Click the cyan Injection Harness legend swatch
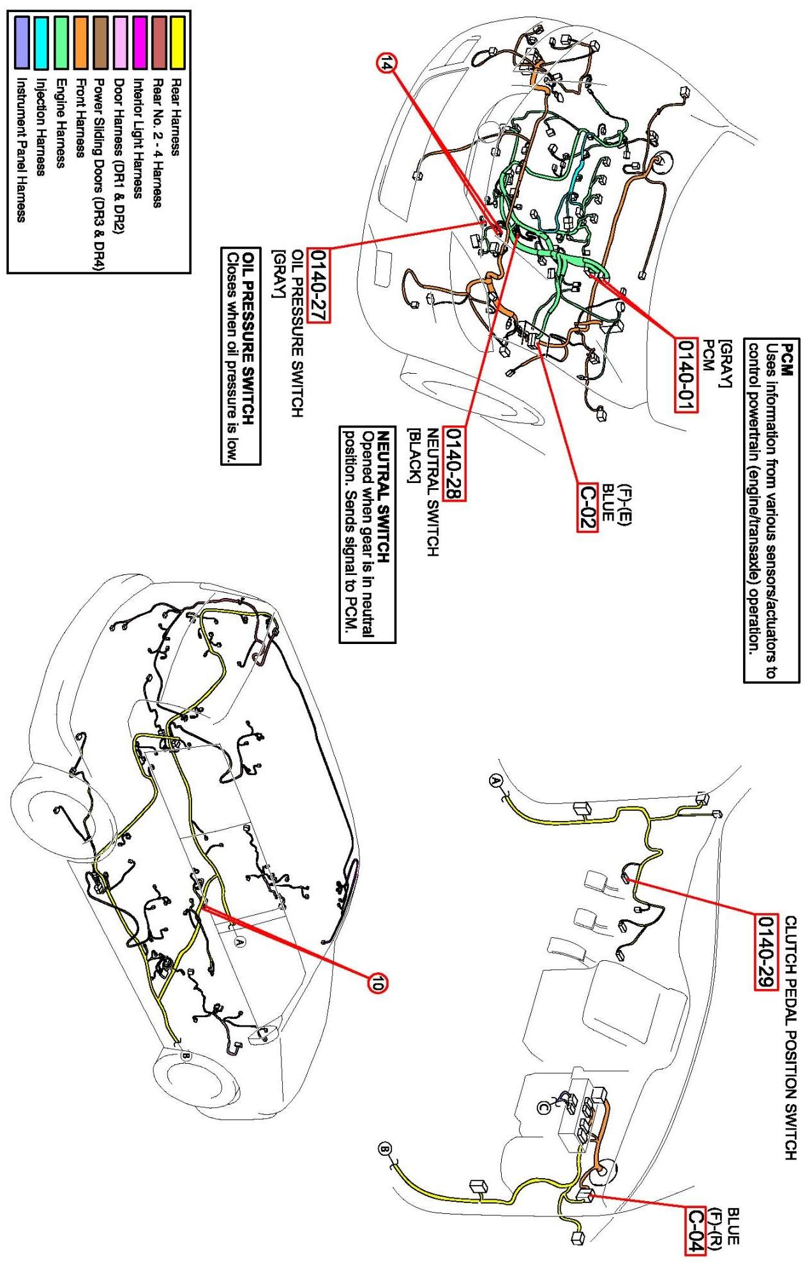[x=42, y=43]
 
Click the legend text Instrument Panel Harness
[x=21, y=149]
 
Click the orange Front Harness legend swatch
[x=80, y=43]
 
